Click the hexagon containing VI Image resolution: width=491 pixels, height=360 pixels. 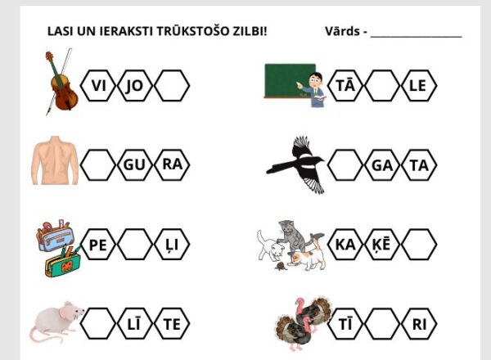(x=98, y=85)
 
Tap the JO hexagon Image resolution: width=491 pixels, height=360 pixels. (x=135, y=85)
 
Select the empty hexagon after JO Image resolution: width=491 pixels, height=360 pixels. (x=172, y=85)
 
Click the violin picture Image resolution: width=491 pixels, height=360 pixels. (x=61, y=81)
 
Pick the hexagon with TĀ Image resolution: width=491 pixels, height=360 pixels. (x=345, y=85)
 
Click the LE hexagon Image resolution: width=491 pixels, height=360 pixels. (x=419, y=85)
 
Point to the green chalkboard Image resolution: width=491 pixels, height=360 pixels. (x=290, y=81)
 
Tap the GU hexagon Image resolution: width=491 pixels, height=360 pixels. (x=135, y=164)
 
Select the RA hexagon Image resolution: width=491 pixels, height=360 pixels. (x=172, y=164)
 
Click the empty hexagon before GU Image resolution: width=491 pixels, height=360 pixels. (x=98, y=164)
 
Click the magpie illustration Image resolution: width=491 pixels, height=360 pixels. (x=296, y=164)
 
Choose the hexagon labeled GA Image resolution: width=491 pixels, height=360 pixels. (x=382, y=164)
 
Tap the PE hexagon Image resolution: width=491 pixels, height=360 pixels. (x=98, y=244)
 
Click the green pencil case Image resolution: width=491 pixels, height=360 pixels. (x=63, y=262)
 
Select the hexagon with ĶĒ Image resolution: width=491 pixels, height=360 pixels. (x=382, y=244)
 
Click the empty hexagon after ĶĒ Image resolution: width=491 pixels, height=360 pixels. (x=419, y=244)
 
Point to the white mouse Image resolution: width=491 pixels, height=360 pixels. (x=56, y=322)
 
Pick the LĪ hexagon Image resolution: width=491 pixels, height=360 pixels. (x=135, y=323)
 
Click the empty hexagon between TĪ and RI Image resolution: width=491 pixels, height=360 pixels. (x=382, y=323)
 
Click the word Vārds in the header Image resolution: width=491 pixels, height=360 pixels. (x=342, y=31)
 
